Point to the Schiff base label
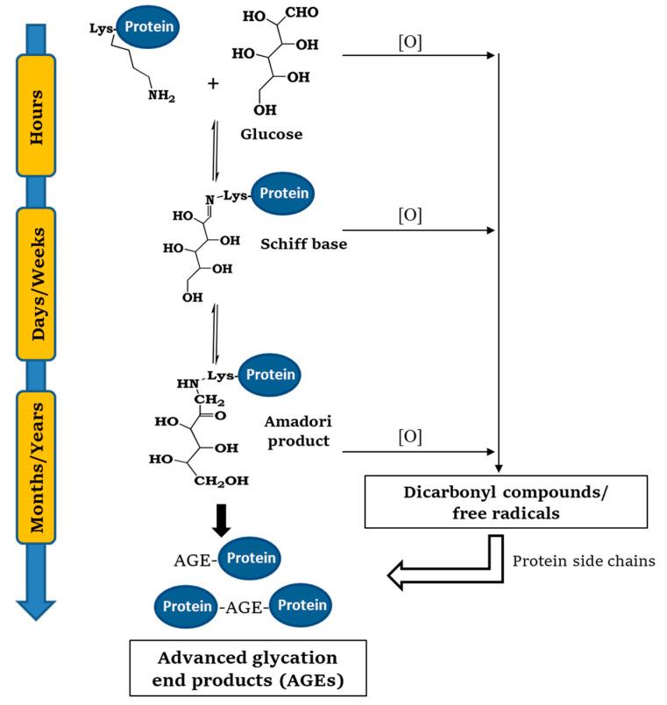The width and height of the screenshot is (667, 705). tap(303, 244)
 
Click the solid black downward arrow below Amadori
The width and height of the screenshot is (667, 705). tap(221, 519)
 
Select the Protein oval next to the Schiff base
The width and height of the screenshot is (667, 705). tap(284, 194)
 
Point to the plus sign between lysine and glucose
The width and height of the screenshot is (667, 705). tap(212, 83)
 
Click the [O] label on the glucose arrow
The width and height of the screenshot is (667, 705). tap(409, 42)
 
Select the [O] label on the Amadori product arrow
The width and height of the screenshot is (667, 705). tap(409, 435)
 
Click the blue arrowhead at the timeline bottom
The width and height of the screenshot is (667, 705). tap(35, 610)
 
